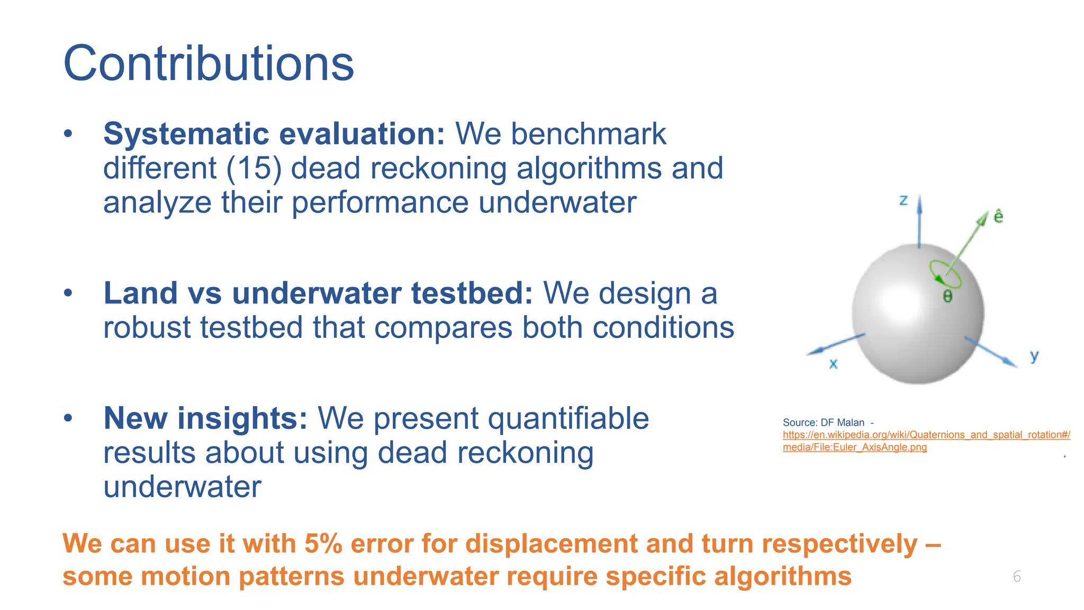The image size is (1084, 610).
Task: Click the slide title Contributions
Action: [209, 64]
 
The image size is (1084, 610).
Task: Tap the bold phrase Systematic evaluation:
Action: [274, 133]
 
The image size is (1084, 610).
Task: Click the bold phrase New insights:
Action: [205, 418]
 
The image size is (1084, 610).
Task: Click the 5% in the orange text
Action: [323, 544]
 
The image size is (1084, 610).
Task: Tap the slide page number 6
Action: [1017, 577]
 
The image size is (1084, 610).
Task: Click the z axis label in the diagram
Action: [904, 200]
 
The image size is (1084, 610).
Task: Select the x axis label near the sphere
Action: [833, 364]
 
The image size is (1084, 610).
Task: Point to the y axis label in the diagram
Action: [1034, 356]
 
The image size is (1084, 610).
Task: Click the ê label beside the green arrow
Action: [998, 216]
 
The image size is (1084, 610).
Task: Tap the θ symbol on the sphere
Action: [947, 296]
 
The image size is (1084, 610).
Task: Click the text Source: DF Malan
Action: [823, 423]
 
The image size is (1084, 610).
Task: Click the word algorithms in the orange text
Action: [782, 576]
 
